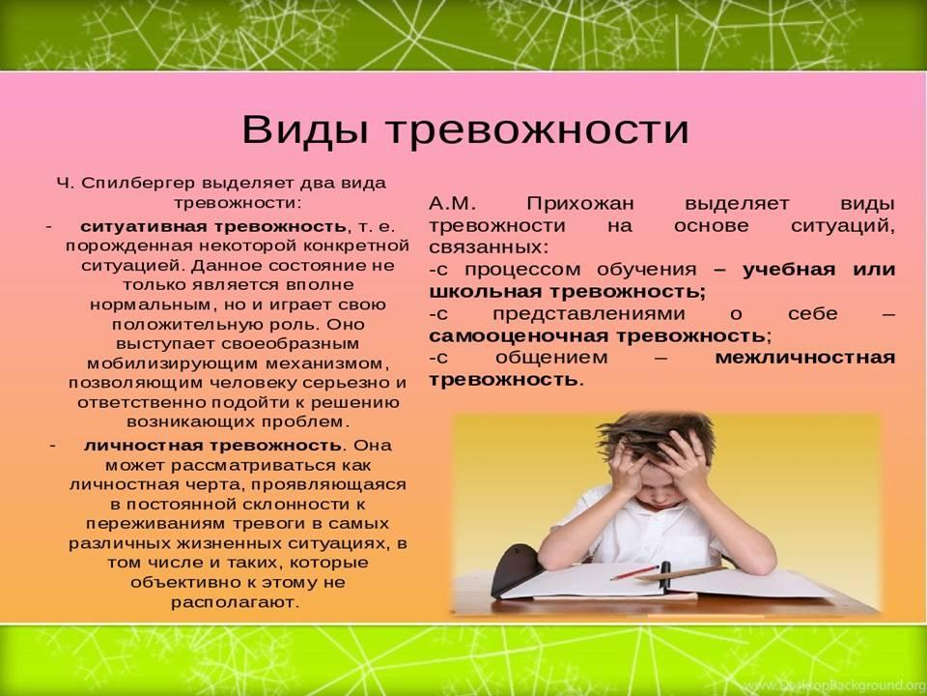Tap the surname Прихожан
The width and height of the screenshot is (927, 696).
click(580, 204)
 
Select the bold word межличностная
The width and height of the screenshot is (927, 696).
click(805, 358)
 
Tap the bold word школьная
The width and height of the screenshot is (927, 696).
click(486, 292)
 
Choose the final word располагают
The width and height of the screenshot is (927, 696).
click(235, 603)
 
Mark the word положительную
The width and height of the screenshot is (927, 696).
click(171, 325)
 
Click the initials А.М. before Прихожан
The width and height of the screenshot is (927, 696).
click(452, 204)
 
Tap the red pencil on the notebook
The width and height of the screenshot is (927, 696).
click(634, 572)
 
